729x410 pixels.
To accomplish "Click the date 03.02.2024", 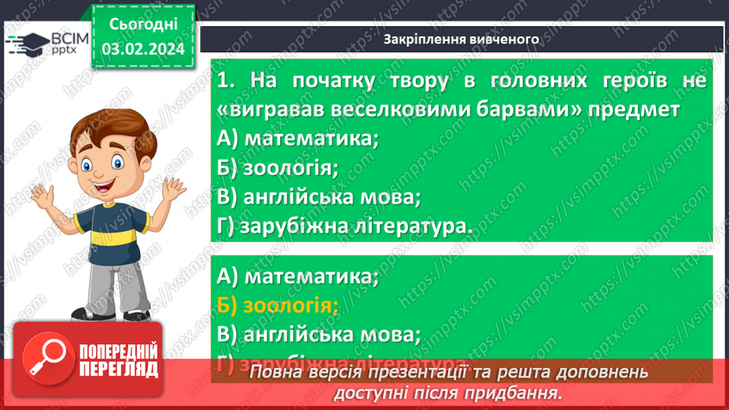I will coord(142,48).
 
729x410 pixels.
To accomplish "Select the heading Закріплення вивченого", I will coord(461,39).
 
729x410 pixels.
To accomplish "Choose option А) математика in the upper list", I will coord(298,138).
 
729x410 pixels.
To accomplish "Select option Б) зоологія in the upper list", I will coord(277,167).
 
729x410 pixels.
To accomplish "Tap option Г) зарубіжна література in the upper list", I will coord(344,226).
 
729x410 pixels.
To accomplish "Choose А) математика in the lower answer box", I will coord(298,277).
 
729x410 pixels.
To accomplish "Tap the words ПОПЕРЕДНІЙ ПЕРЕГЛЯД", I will coord(118,361).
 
